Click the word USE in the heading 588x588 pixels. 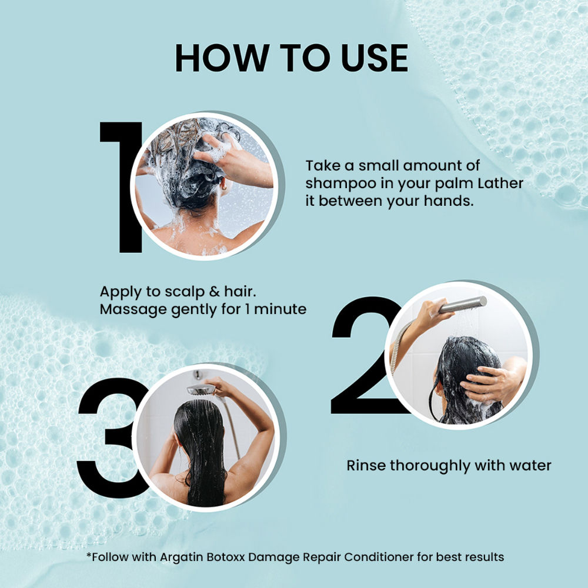(374, 58)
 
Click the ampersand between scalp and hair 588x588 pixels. (214, 292)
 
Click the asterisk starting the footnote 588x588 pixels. (89, 554)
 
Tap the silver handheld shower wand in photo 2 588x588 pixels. (463, 304)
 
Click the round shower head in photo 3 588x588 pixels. (201, 389)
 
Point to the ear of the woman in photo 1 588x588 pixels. (224, 185)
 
